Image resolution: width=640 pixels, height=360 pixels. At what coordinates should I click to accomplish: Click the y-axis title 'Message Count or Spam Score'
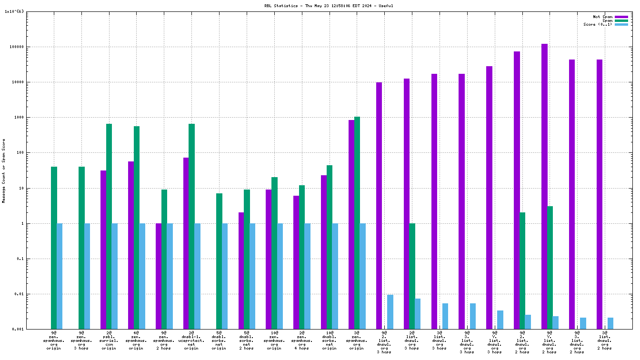pos(4,171)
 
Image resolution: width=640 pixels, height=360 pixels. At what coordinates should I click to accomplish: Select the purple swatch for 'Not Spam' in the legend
pos(621,17)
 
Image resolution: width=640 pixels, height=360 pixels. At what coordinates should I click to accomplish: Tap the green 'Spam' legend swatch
pos(621,20)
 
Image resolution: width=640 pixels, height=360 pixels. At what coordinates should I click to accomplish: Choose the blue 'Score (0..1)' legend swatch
pos(621,24)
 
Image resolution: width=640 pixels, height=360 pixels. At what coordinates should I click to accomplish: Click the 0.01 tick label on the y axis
pos(19,294)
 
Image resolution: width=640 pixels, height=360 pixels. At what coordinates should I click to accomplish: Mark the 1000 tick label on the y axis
pos(19,118)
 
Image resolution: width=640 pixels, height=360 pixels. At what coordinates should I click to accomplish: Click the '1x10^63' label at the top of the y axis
pos(14,11)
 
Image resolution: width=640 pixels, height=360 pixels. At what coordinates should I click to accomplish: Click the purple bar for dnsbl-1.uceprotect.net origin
pos(186,243)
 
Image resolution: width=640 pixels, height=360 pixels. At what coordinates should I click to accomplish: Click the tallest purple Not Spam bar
pos(544,186)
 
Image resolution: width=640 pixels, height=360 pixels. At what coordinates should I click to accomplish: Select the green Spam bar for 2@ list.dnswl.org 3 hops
pos(412,276)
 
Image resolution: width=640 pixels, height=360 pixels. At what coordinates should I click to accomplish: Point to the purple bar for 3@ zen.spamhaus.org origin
pos(351,224)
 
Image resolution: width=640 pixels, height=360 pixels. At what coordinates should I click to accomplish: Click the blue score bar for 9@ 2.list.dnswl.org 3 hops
pos(390,312)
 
